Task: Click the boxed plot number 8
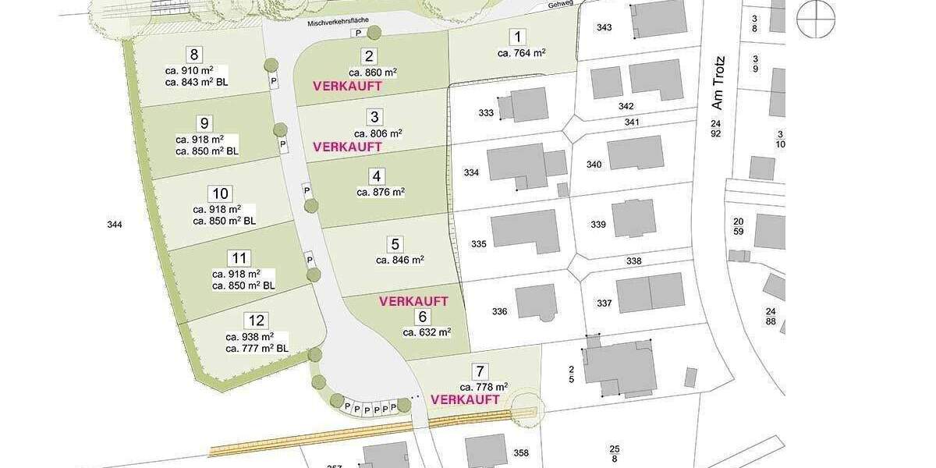[x=194, y=55]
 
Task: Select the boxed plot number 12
[x=255, y=321]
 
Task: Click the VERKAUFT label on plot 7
[x=465, y=399]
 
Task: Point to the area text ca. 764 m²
[x=521, y=53]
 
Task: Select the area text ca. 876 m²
[x=381, y=192]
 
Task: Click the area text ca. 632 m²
[x=427, y=332]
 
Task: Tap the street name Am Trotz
[x=718, y=82]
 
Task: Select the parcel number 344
[x=115, y=225]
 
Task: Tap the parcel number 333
[x=486, y=113]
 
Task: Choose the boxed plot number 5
[x=395, y=244]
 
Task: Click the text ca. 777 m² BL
[x=257, y=349]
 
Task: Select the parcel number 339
[x=598, y=225]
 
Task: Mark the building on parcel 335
[x=525, y=232]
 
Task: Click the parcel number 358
[x=521, y=453]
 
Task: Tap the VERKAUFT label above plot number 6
[x=413, y=301]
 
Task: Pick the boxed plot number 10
[x=220, y=193]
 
